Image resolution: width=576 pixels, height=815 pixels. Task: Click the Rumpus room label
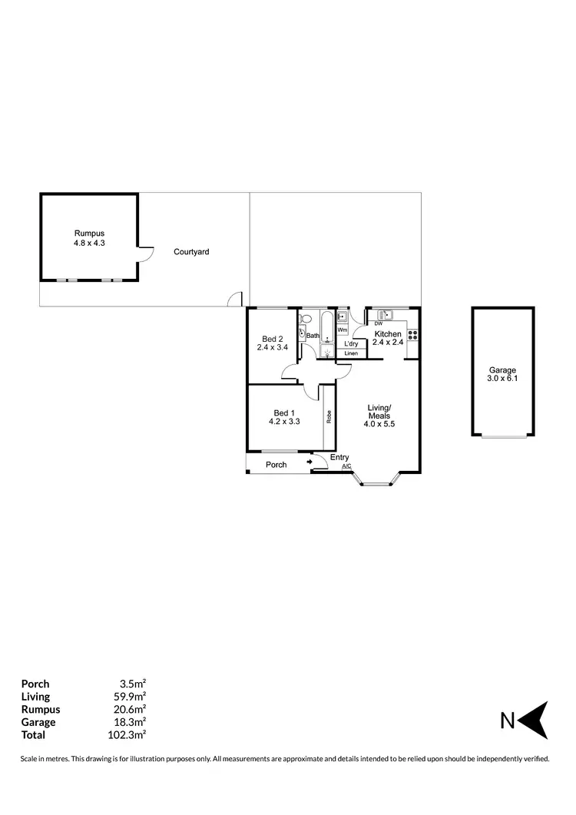tap(89, 234)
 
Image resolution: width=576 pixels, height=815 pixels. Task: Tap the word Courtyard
tap(191, 252)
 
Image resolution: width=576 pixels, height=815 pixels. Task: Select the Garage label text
tap(502, 370)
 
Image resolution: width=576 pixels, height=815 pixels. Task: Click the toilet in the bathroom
tap(305, 318)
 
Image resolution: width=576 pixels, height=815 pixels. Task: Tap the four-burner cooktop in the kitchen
tap(412, 335)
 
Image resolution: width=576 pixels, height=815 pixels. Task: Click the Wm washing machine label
tap(342, 330)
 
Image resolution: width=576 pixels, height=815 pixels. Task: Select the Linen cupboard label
tap(351, 353)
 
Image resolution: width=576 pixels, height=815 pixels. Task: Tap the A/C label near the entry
tap(346, 467)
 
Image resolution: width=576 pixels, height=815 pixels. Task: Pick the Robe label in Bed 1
tap(329, 417)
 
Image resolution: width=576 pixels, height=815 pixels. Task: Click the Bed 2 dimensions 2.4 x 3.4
tap(272, 347)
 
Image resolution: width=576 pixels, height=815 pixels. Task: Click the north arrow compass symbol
tap(535, 721)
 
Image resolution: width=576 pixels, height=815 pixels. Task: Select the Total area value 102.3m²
tap(129, 734)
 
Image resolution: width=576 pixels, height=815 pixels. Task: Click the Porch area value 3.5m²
tap(134, 684)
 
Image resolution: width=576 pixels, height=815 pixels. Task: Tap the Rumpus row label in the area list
tap(41, 709)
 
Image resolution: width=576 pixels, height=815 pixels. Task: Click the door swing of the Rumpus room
tap(147, 254)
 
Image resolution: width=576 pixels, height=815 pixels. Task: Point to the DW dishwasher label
tap(378, 324)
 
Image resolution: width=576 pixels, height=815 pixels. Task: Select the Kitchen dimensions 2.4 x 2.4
tap(388, 343)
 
